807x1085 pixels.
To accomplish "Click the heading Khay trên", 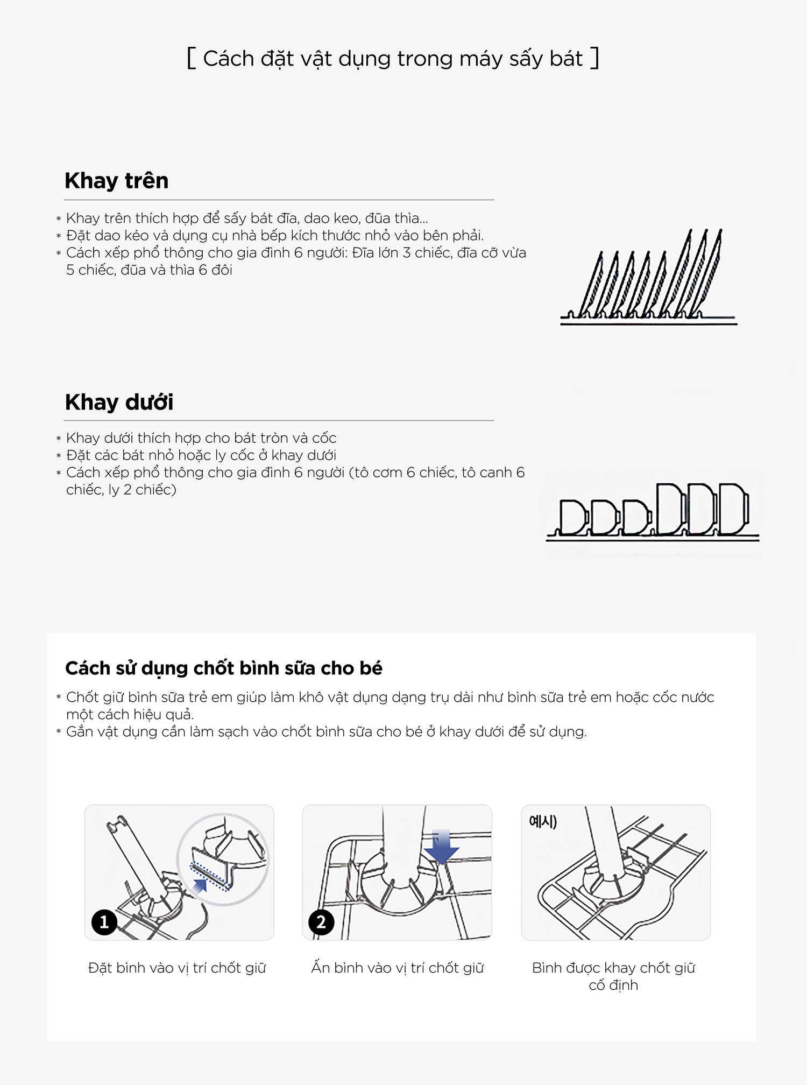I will pos(116,181).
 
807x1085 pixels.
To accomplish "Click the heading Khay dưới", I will pos(119,403).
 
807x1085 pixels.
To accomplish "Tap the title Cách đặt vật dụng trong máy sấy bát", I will pos(393,59).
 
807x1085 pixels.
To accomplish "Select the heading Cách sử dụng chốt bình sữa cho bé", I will pos(223,668).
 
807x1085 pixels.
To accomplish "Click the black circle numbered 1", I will pos(104,922).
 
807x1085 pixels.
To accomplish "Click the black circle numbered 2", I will pos(321,922).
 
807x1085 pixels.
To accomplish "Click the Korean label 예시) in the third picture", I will pos(543,821).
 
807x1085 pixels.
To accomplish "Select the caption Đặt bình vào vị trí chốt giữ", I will pos(177,968).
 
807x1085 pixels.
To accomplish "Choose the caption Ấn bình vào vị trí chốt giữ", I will pos(397,968).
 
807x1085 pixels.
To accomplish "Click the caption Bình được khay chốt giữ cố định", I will pos(613,976).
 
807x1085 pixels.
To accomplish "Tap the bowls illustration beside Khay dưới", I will pos(653,511).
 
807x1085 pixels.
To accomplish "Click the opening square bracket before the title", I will pos(191,58).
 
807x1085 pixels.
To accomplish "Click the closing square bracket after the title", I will pos(594,58).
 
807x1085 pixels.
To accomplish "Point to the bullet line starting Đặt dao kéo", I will pos(274,236).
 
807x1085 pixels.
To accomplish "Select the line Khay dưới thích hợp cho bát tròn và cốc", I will pos(201,438).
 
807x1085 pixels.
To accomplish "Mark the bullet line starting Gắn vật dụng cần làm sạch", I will pos(326,732).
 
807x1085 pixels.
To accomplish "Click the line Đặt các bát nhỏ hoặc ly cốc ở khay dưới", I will pos(201,455).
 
